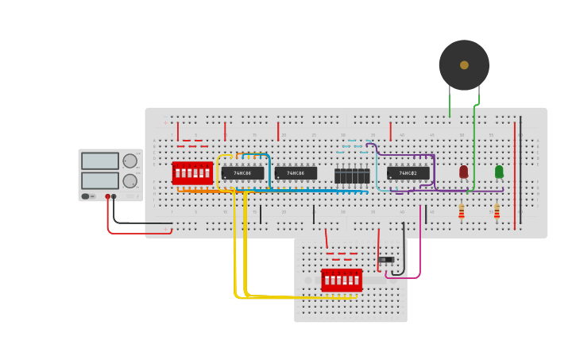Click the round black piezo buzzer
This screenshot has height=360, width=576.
tap(464, 65)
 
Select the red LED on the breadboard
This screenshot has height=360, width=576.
tap(464, 172)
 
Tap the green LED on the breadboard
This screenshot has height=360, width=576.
tap(499, 172)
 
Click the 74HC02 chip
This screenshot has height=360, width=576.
tap(408, 173)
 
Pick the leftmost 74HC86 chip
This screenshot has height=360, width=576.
tap(242, 173)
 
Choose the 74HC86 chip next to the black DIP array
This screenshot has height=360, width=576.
tap(296, 173)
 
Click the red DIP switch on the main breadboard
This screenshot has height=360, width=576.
tap(192, 172)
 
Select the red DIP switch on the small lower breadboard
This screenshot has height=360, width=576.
tap(342, 280)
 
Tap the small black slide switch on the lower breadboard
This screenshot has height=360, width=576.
tap(386, 260)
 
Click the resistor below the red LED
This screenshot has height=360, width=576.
tap(462, 211)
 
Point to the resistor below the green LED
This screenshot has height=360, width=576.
tap(497, 211)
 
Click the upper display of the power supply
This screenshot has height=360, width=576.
tap(100, 161)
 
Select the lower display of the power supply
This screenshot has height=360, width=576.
tap(100, 180)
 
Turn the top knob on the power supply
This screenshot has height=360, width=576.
tap(130, 161)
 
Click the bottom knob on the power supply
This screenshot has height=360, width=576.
tap(130, 181)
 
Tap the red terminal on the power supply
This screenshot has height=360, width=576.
tap(108, 196)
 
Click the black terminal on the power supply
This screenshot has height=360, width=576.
tap(114, 196)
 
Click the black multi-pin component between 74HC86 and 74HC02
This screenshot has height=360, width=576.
tap(352, 175)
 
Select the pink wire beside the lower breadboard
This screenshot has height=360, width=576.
tap(420, 246)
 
